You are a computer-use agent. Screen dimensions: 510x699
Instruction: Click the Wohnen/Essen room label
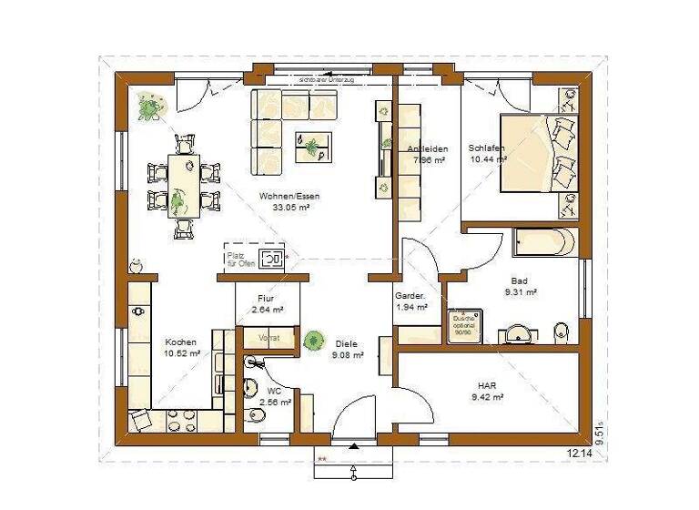[x=289, y=197]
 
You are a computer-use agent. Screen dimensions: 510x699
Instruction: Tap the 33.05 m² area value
[x=290, y=208]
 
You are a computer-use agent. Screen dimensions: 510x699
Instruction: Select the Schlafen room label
[x=485, y=148]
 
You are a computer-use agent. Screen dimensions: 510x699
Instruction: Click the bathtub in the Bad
[x=543, y=243]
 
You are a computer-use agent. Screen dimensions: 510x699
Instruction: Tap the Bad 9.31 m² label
[x=520, y=287]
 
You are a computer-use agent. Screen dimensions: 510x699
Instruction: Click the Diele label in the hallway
[x=346, y=344]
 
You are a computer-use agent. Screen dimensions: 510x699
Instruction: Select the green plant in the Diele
[x=313, y=341]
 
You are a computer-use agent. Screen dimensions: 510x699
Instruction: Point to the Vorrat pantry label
[x=269, y=337]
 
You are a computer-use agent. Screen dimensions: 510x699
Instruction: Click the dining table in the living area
[x=183, y=185]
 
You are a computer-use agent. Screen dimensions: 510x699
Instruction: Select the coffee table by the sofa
[x=312, y=147]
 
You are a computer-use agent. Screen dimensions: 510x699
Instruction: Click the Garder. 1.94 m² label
[x=407, y=302]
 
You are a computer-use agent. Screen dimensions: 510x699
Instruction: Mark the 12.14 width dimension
[x=579, y=453]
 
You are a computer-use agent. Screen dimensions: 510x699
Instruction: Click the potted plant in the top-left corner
[x=149, y=107]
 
